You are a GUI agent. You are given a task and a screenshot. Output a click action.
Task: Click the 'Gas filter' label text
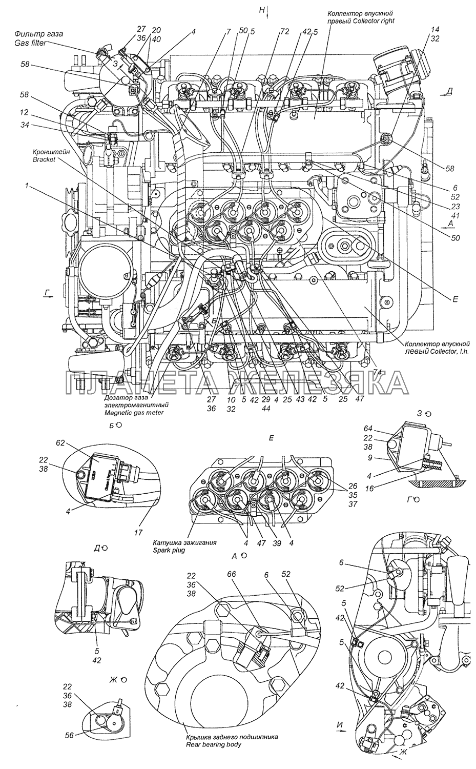(x=30, y=43)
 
